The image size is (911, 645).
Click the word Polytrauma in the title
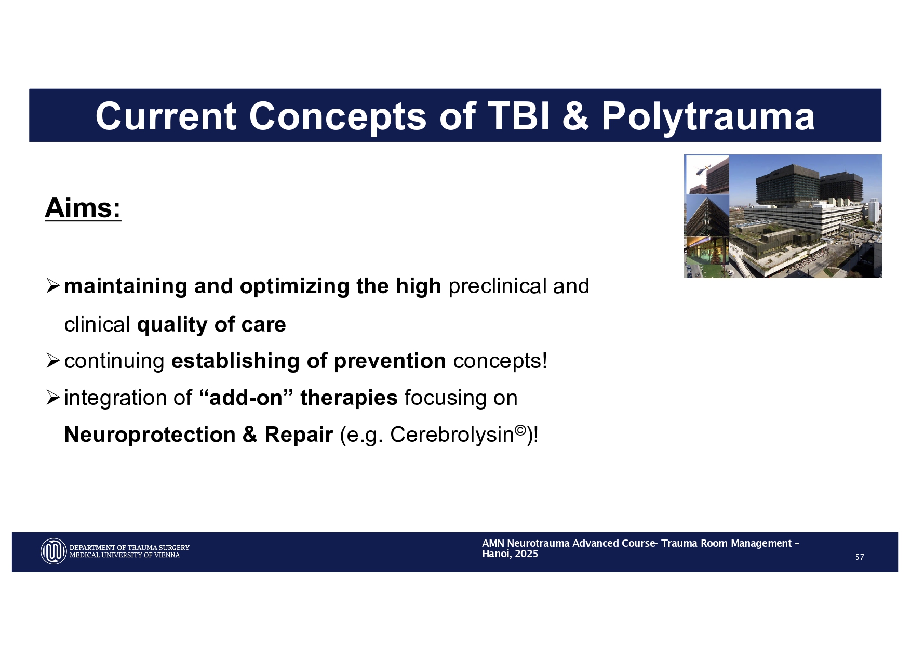point(708,116)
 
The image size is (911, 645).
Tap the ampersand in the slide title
point(575,116)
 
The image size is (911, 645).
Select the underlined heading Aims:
point(83,208)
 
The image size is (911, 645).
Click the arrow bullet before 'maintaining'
point(53,285)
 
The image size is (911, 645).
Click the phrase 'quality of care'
point(211,324)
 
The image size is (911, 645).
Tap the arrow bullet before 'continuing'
point(53,360)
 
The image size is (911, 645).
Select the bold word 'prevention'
point(390,361)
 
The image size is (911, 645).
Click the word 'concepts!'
point(500,361)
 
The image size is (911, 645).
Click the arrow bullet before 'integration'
point(53,398)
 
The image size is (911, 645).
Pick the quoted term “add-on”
point(242,398)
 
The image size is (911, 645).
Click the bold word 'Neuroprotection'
point(150,435)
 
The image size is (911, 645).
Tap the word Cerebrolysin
point(452,435)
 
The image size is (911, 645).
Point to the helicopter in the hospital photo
point(703,169)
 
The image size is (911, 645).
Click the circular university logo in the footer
point(53,551)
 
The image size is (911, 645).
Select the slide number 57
point(860,557)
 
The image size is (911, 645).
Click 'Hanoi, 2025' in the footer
point(510,554)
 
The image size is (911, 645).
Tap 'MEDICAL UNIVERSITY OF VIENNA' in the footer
point(125,555)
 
